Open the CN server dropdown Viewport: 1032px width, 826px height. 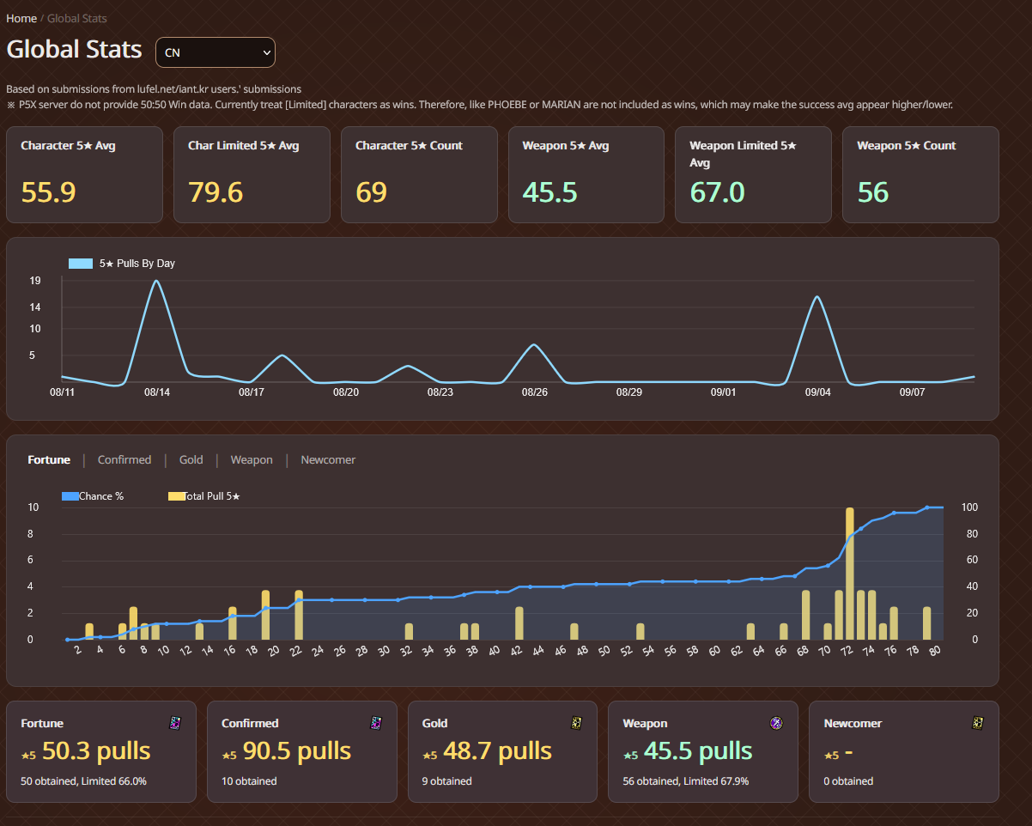(x=215, y=52)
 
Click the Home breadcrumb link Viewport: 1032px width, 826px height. (x=21, y=18)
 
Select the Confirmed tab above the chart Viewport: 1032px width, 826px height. (x=124, y=460)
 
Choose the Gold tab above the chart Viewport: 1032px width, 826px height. (x=191, y=460)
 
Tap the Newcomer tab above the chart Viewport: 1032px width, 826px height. (x=328, y=460)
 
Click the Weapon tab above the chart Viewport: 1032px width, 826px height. (x=252, y=460)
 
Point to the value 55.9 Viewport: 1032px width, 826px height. (x=49, y=192)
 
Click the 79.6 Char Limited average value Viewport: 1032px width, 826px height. (x=216, y=192)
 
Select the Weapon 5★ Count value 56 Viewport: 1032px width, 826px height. (x=873, y=192)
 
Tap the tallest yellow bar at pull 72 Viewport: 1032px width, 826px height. (x=849, y=574)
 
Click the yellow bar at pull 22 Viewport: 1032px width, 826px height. (x=299, y=615)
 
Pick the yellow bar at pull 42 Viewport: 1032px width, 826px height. (x=519, y=623)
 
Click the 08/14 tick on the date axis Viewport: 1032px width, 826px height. (x=157, y=392)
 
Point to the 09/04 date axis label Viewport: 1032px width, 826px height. (x=817, y=392)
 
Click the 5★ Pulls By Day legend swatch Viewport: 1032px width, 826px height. (x=80, y=264)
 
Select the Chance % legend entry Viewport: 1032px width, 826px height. (x=93, y=496)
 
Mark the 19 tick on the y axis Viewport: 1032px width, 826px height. (x=35, y=281)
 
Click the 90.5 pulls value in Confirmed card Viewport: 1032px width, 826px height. (x=297, y=751)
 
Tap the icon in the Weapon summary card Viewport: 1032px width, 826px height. (x=776, y=724)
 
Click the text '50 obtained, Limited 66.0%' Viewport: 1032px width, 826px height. (x=83, y=781)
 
